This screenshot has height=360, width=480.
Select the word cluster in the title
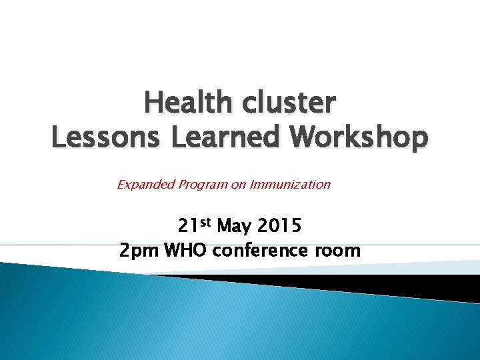point(289,103)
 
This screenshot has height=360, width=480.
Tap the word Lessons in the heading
point(107,137)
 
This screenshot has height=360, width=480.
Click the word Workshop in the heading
point(354,137)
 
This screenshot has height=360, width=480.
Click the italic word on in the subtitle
point(239,185)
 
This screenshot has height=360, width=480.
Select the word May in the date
point(235,227)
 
